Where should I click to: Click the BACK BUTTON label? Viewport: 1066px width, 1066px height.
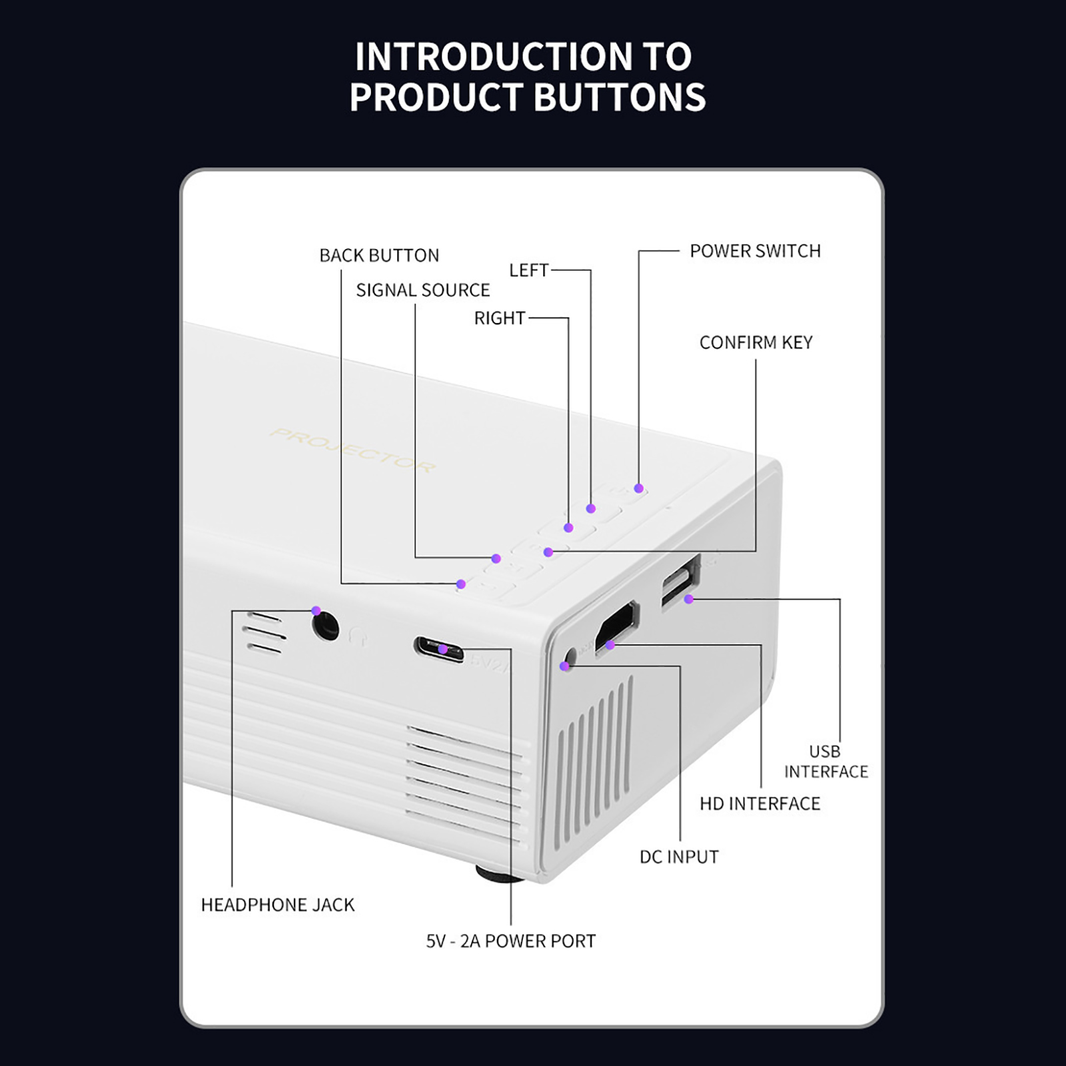[379, 255]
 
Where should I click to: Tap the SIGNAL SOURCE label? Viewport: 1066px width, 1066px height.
[422, 290]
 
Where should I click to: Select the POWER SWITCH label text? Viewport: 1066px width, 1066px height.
[755, 251]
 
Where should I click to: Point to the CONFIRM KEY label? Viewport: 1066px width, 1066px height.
[756, 342]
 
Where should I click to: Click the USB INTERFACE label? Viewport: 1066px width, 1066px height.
[825, 762]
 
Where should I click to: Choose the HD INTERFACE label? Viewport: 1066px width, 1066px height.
[760, 803]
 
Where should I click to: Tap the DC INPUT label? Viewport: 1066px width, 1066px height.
[679, 857]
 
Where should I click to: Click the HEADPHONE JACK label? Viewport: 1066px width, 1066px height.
[278, 905]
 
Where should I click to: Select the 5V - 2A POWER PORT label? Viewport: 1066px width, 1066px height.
[510, 941]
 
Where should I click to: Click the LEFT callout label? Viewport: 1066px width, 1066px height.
[529, 270]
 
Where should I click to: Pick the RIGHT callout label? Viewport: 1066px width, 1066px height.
[500, 318]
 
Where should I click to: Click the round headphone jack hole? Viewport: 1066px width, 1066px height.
[326, 628]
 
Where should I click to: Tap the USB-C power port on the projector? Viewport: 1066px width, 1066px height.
[439, 650]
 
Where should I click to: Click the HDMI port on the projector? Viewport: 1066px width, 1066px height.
[617, 626]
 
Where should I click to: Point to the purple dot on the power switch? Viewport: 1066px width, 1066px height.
[638, 488]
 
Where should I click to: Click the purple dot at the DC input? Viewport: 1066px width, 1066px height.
[565, 666]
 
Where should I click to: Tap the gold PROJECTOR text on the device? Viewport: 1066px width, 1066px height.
[353, 451]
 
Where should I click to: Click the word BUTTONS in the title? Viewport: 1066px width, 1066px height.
[619, 97]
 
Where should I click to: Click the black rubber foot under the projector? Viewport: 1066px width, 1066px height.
[498, 873]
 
